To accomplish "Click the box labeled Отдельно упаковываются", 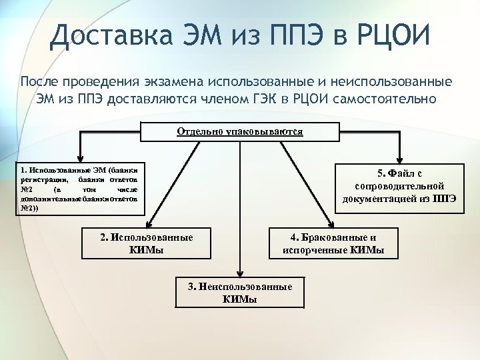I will (239, 131).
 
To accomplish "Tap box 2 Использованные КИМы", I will (146, 243).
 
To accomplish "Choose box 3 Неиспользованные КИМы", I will (240, 293).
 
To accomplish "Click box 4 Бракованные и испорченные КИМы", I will (333, 243).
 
